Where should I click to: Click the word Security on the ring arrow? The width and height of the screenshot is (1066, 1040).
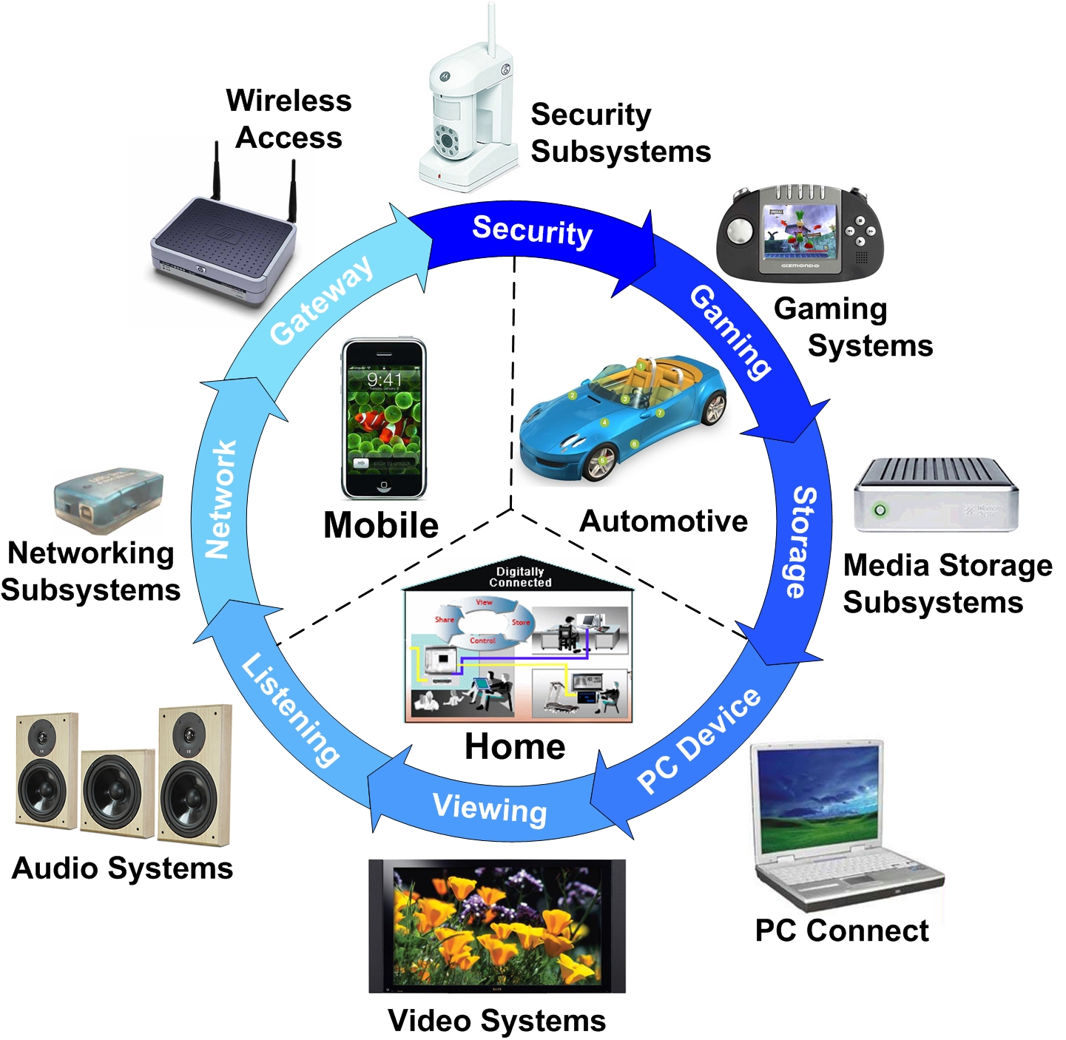pyautogui.click(x=532, y=232)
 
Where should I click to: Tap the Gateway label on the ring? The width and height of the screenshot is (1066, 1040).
pyautogui.click(x=321, y=301)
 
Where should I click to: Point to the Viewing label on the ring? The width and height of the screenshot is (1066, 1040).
pyautogui.click(x=490, y=808)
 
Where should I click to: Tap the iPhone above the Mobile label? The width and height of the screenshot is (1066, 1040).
pyautogui.click(x=383, y=418)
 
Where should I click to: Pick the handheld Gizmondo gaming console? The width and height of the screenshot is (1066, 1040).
pyautogui.click(x=800, y=232)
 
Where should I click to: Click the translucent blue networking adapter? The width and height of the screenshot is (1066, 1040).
pyautogui.click(x=108, y=500)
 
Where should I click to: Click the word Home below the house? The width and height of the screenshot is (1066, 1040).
pyautogui.click(x=515, y=746)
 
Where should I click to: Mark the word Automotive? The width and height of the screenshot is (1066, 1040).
pyautogui.click(x=663, y=521)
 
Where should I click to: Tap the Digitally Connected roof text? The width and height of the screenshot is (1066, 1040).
pyautogui.click(x=520, y=577)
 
